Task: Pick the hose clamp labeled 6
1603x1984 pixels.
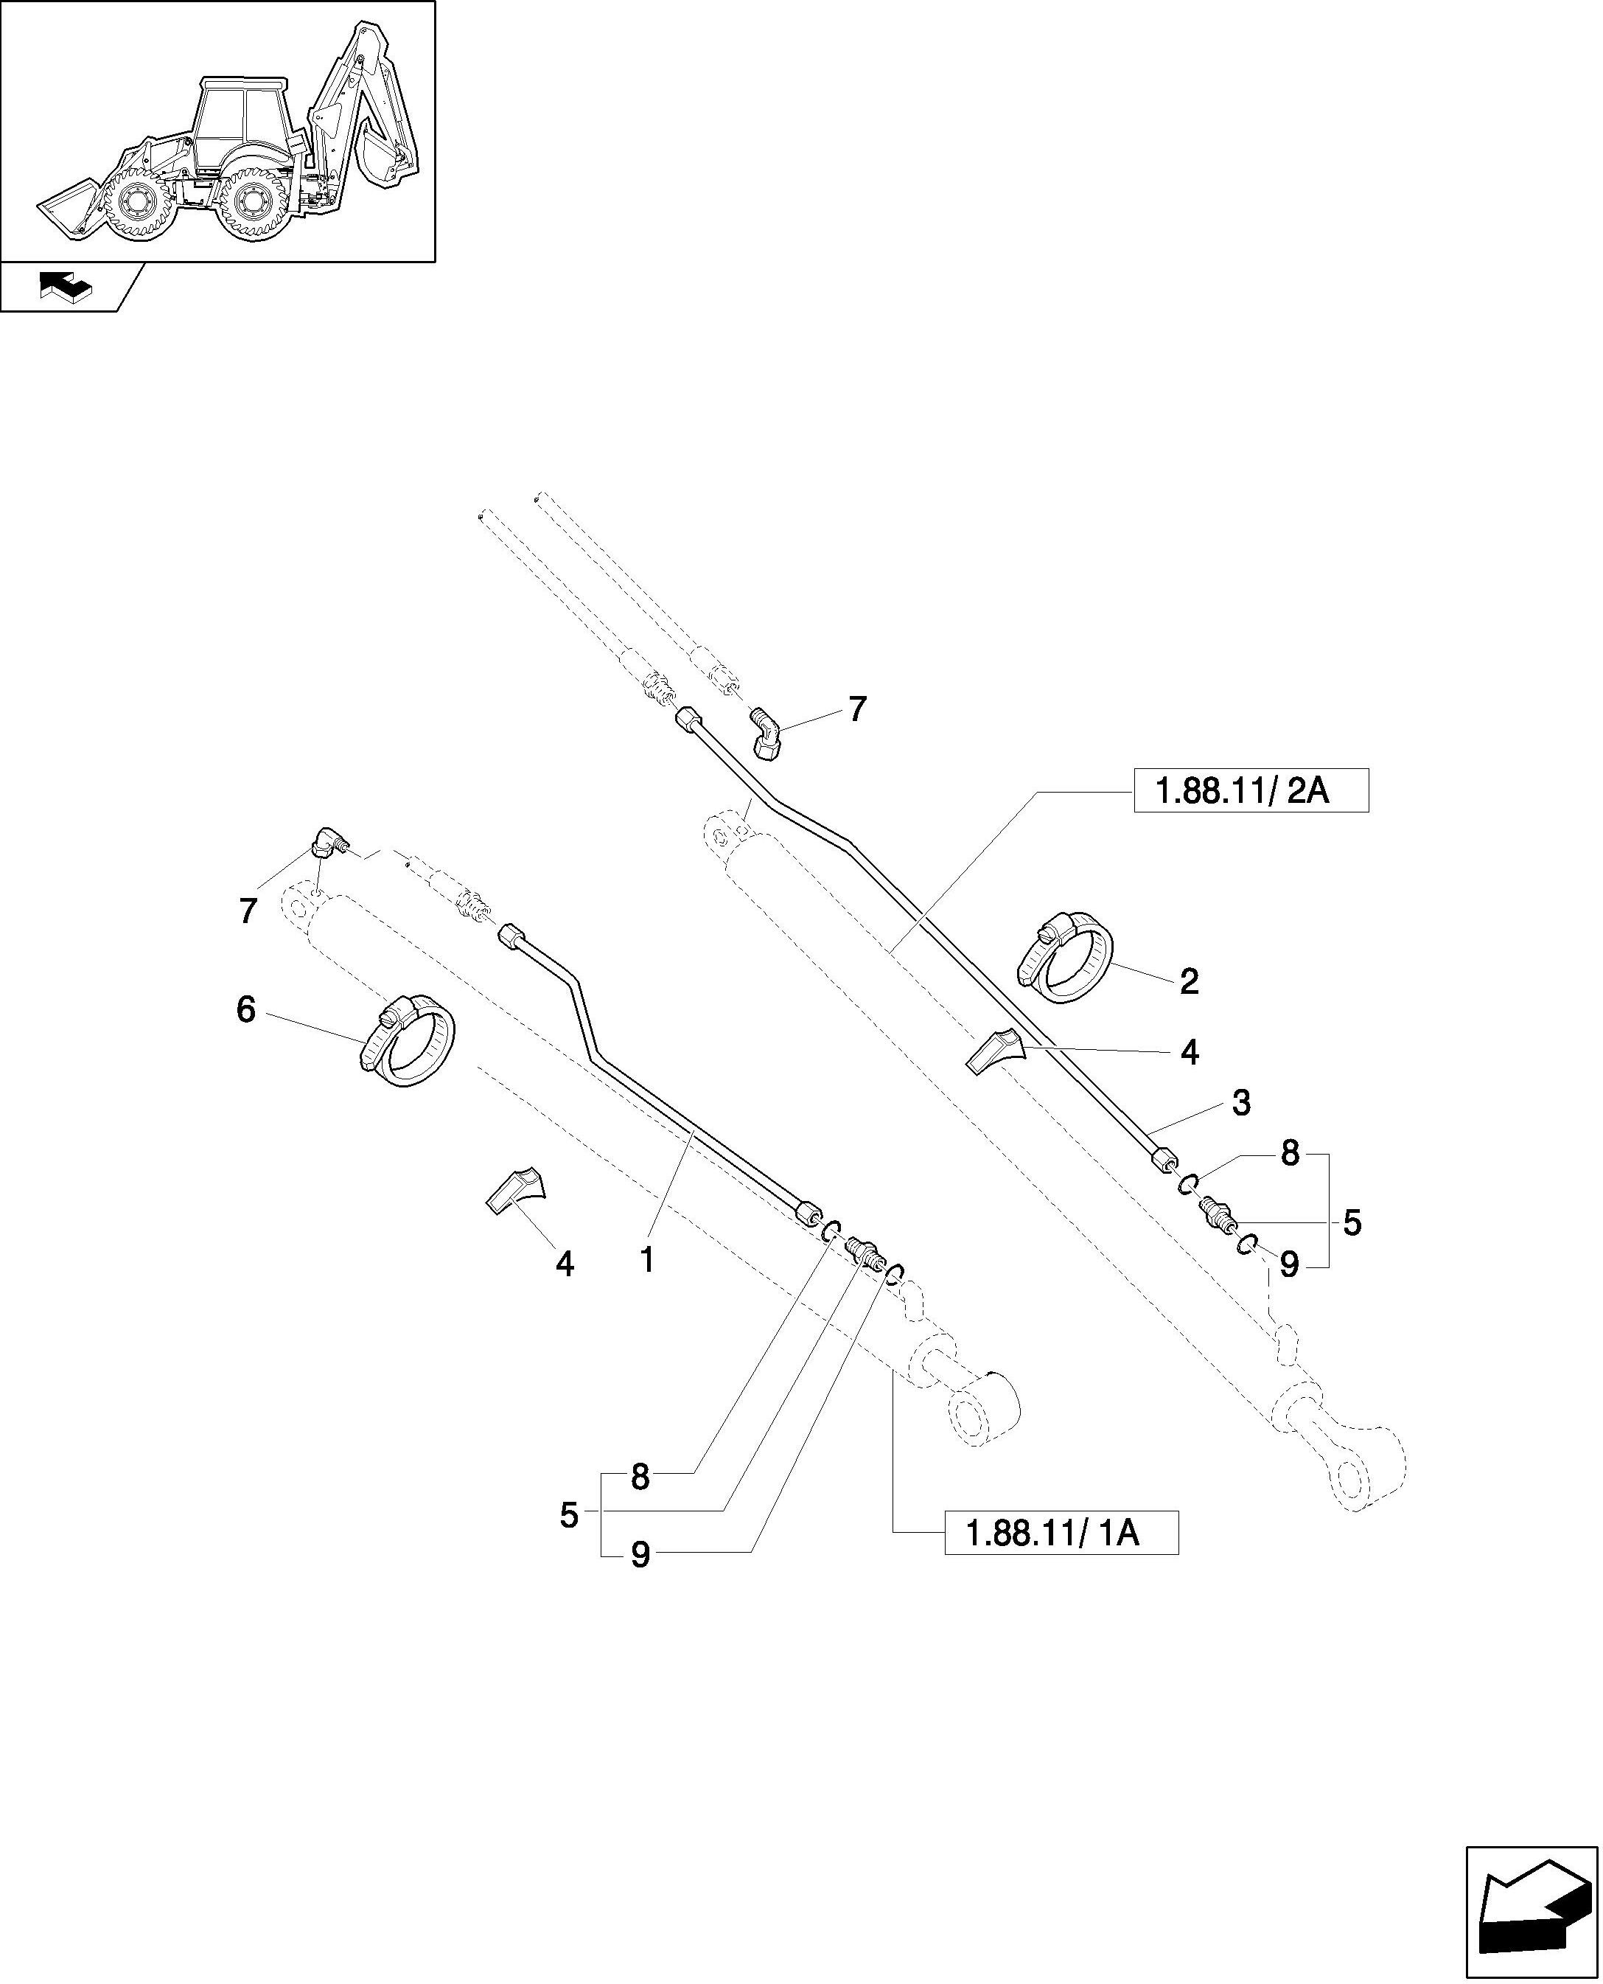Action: (x=406, y=1041)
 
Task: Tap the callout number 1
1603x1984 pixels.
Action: (x=647, y=1260)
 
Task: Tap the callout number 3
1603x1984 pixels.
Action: (x=1241, y=1103)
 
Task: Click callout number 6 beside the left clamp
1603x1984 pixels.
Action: (x=245, y=1011)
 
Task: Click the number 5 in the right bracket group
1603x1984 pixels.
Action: (x=1352, y=1224)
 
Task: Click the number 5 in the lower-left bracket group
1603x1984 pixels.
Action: (x=569, y=1516)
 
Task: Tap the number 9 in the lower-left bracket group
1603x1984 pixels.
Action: (x=640, y=1556)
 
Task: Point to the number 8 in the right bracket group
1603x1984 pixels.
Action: (x=1290, y=1154)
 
